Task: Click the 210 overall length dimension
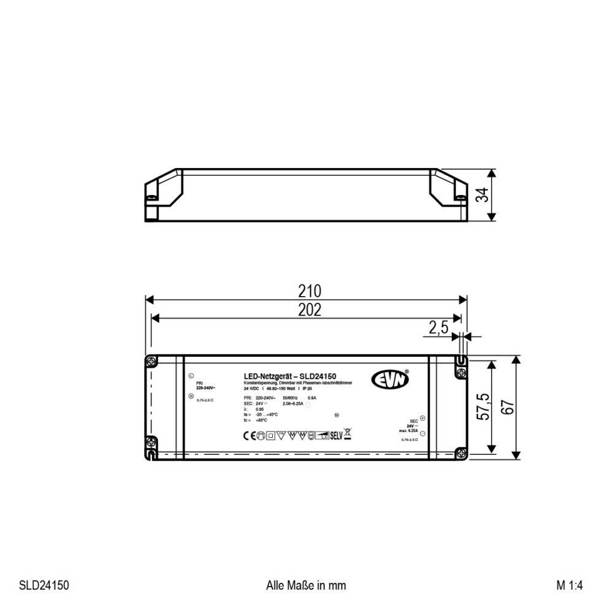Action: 310,290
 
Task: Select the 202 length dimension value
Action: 310,310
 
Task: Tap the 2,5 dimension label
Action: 438,329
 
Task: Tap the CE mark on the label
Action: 242,436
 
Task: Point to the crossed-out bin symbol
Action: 348,435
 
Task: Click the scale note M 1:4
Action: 569,585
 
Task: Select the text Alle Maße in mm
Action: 306,585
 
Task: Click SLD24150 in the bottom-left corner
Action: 44,585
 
